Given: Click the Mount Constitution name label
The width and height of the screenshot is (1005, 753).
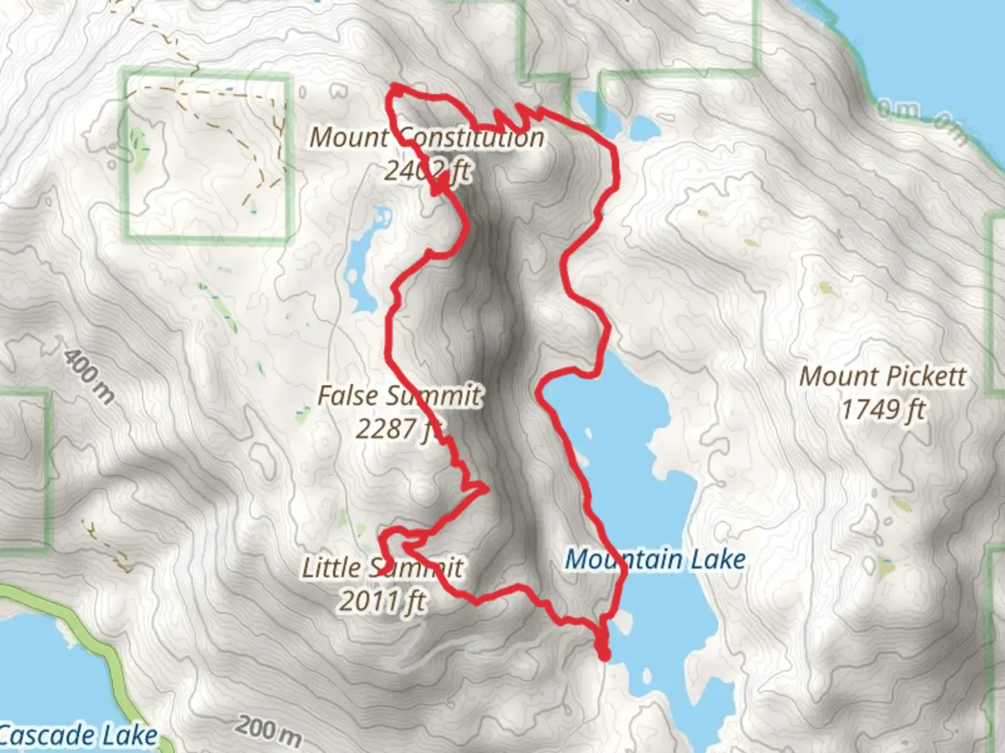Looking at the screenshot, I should point(426,137).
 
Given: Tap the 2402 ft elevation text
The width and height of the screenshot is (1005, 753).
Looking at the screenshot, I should point(426,169).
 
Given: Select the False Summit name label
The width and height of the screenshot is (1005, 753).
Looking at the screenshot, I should point(399,395).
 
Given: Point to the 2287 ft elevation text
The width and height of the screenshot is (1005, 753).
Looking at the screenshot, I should point(399,428).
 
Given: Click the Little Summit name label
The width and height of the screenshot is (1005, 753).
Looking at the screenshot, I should point(382,568).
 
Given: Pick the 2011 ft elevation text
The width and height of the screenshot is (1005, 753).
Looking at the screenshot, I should point(382,600).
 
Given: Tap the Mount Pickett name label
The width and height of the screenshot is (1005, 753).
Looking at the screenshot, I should point(882,376).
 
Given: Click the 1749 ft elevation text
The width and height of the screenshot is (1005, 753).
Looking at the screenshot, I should point(882,409).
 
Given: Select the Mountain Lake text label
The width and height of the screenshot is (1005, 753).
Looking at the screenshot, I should point(655,559).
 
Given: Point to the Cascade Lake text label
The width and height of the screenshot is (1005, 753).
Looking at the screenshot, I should point(78,736).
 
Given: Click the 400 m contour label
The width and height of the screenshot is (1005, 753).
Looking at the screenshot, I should point(89,376).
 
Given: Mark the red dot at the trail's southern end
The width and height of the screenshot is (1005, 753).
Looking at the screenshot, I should point(604,655).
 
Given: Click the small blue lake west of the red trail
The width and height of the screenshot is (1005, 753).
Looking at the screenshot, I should point(362,265).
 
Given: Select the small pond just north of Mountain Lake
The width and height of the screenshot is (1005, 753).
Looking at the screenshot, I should point(643,128).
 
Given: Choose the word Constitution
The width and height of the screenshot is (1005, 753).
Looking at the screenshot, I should point(472,137).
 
